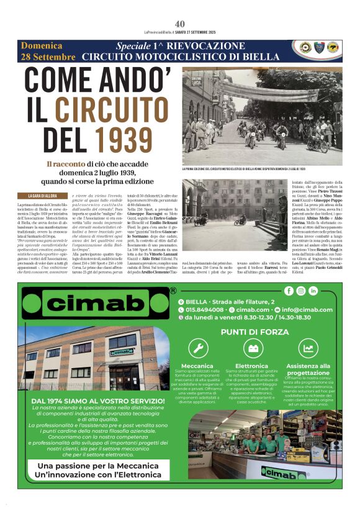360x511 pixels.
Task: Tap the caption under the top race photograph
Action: pyautogui.click(x=254, y=169)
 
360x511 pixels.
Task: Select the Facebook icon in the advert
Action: pyautogui.click(x=289, y=291)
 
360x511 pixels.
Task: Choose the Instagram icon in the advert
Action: pyautogui.click(x=301, y=291)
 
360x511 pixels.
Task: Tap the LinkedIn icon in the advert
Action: pyautogui.click(x=313, y=291)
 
